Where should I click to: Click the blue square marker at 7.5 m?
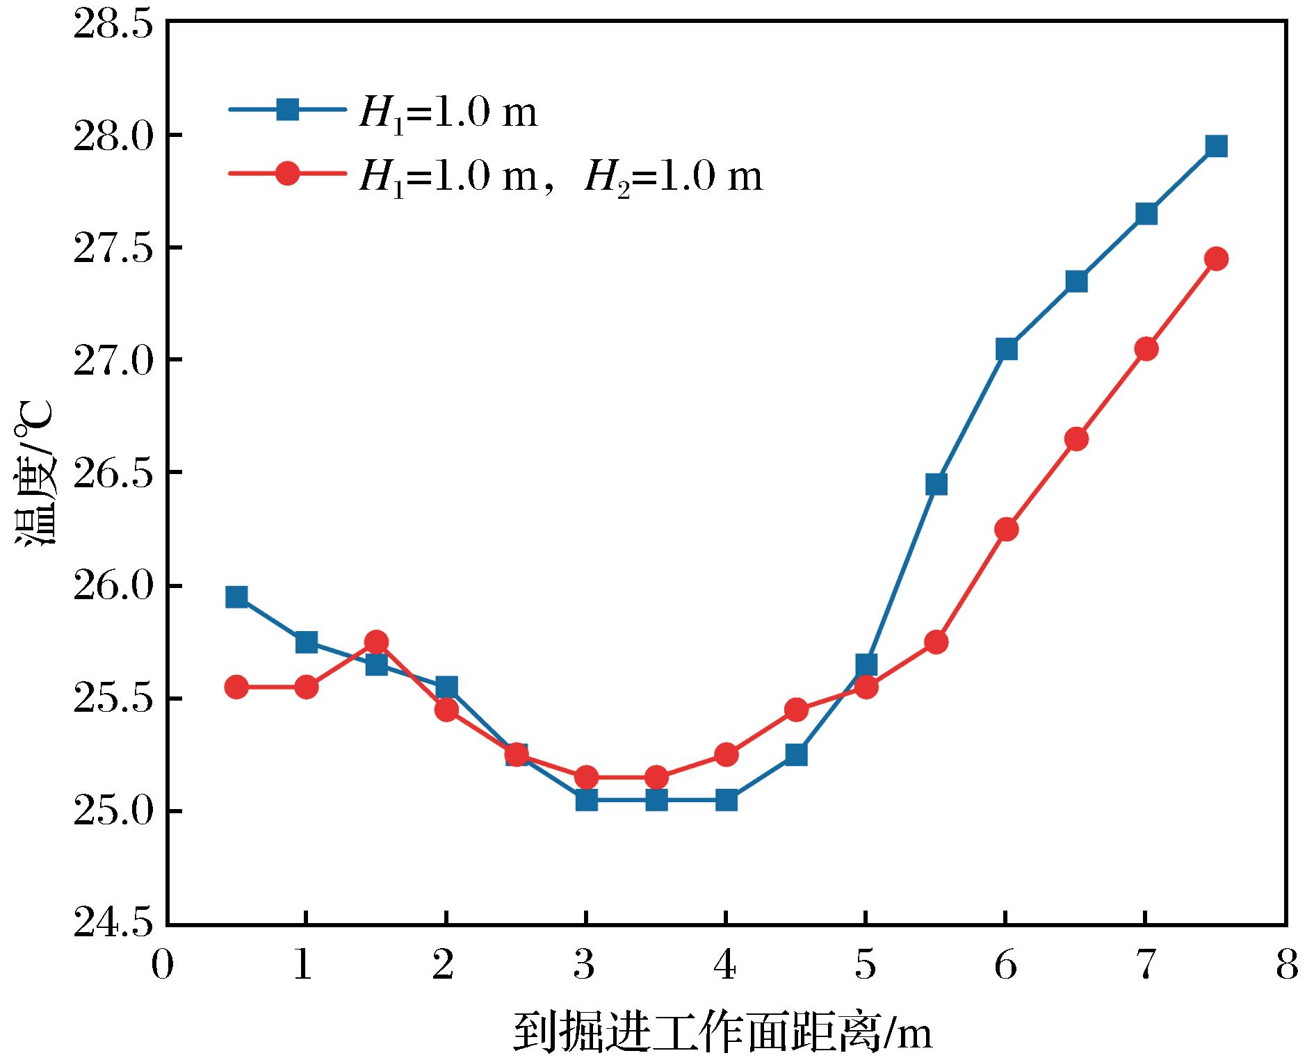coord(1216,146)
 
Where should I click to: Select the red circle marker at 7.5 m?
coord(1216,259)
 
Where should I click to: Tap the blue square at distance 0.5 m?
coord(236,597)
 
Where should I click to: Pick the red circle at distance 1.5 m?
coord(376,642)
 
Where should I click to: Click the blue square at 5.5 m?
coord(936,484)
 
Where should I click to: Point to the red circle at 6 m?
coord(1006,529)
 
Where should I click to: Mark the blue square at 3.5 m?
coord(656,800)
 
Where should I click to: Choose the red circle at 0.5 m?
coord(236,687)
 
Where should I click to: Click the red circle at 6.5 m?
coord(1076,439)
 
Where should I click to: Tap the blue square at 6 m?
coord(1006,348)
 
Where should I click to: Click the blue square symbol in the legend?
coord(287,109)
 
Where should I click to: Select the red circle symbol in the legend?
coord(287,172)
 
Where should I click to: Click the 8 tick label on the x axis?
coord(1286,965)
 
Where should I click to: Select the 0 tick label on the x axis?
coord(162,965)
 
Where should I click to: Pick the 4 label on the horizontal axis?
coord(726,965)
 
